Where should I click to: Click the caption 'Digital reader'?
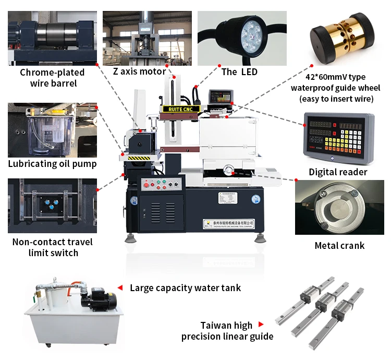click(338, 172)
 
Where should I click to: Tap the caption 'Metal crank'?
click(339, 245)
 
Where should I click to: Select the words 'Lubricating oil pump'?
click(52, 164)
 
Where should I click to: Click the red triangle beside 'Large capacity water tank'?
click(120, 287)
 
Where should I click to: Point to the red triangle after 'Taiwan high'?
click(261, 325)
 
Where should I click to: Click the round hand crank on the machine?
click(228, 169)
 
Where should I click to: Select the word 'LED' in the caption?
click(248, 71)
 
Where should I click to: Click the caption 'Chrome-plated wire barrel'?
click(48, 77)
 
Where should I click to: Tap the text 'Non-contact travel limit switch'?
click(52, 247)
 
